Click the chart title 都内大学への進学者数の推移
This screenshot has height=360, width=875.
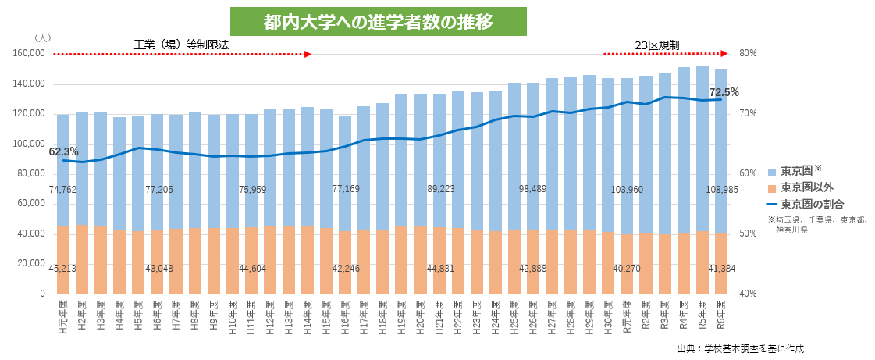point(378,21)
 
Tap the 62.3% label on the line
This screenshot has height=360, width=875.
point(63,151)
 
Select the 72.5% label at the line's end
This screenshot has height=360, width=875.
point(724,91)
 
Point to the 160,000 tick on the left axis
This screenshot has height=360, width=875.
point(30,54)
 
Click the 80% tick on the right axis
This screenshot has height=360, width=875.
point(749,54)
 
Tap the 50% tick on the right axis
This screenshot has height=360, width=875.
point(749,233)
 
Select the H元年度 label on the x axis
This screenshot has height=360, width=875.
point(63,316)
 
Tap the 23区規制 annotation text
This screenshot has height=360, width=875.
point(656,45)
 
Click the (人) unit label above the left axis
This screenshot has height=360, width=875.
point(43,37)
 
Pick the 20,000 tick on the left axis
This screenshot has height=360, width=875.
point(32,264)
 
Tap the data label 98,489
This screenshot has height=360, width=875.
point(535,190)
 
